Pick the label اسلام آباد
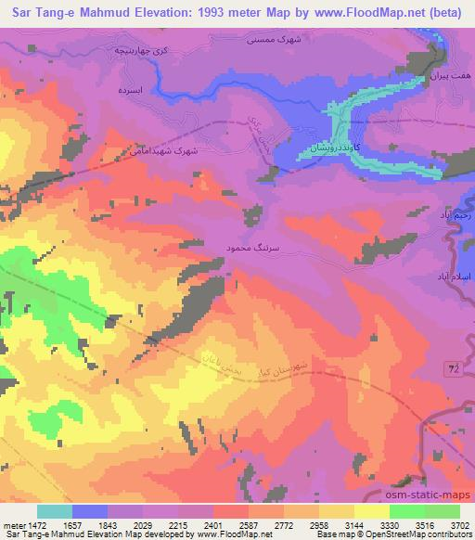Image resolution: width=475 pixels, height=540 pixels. pyautogui.click(x=455, y=277)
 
